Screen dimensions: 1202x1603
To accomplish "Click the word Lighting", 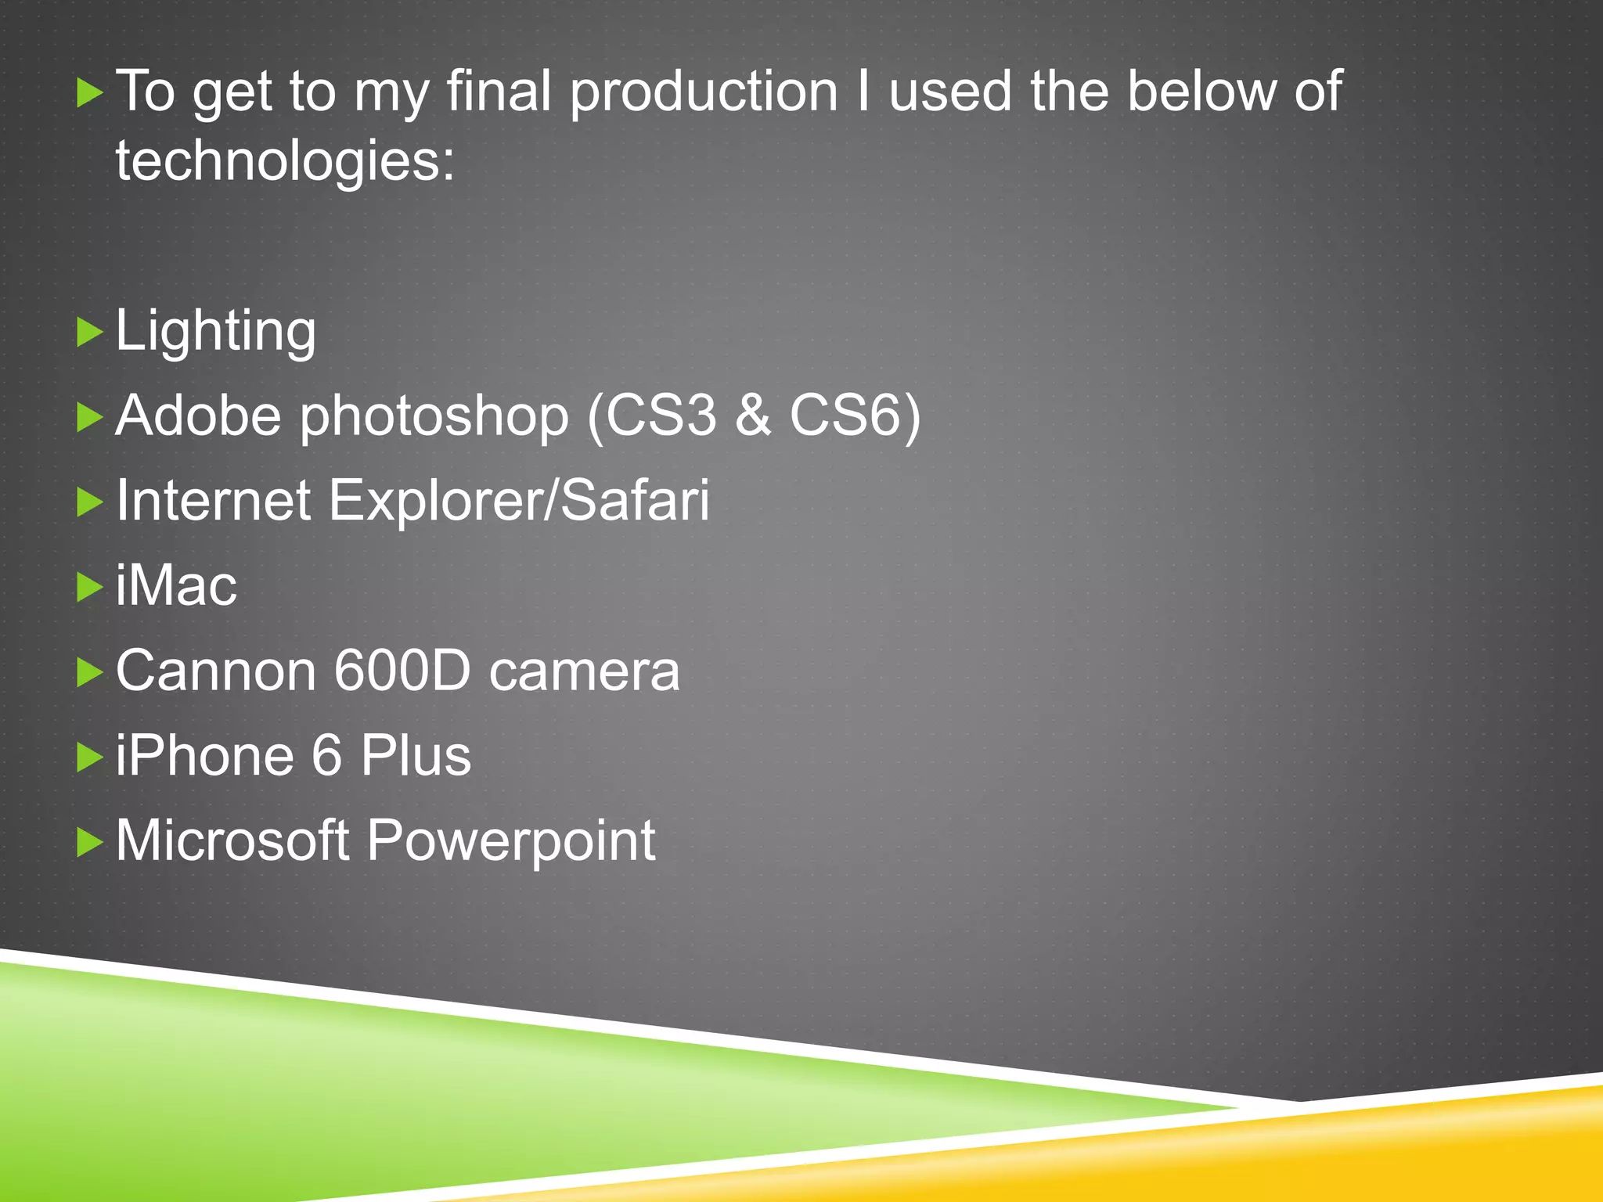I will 215,333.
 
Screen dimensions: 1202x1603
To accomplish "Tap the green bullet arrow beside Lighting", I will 90,333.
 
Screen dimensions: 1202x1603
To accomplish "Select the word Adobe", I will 198,416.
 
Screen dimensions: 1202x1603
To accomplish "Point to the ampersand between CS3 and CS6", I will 753,416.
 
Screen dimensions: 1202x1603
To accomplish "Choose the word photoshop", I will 434,417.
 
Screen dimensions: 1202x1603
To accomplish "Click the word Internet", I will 213,501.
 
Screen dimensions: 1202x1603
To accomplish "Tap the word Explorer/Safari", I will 519,501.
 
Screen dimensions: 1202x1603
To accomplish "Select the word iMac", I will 176,586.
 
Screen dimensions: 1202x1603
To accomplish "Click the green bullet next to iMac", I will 90,587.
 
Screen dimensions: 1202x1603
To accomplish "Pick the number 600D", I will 402,671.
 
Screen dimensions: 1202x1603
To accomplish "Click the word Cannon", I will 215,671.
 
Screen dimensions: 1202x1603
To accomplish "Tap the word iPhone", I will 206,756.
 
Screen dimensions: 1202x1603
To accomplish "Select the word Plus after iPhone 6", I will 416,756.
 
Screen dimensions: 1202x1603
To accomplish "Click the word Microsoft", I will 232,841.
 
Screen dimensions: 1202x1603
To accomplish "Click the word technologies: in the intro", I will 285,161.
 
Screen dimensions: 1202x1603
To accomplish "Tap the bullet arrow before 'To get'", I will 90,94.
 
